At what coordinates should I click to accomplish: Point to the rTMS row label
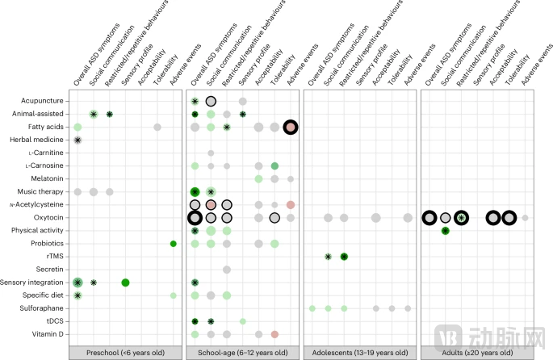(54, 256)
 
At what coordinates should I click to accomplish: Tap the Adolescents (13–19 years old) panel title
(360, 353)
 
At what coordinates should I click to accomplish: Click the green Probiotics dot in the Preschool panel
(174, 243)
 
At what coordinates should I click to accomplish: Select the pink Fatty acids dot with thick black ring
(291, 127)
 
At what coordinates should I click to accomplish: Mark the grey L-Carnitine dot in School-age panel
(211, 153)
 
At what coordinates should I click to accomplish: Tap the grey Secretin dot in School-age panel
(227, 269)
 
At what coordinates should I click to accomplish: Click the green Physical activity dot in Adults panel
(446, 230)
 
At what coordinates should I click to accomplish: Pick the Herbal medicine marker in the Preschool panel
(78, 140)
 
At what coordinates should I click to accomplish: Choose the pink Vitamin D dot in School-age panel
(274, 333)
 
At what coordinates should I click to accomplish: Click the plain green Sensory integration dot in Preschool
(125, 282)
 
